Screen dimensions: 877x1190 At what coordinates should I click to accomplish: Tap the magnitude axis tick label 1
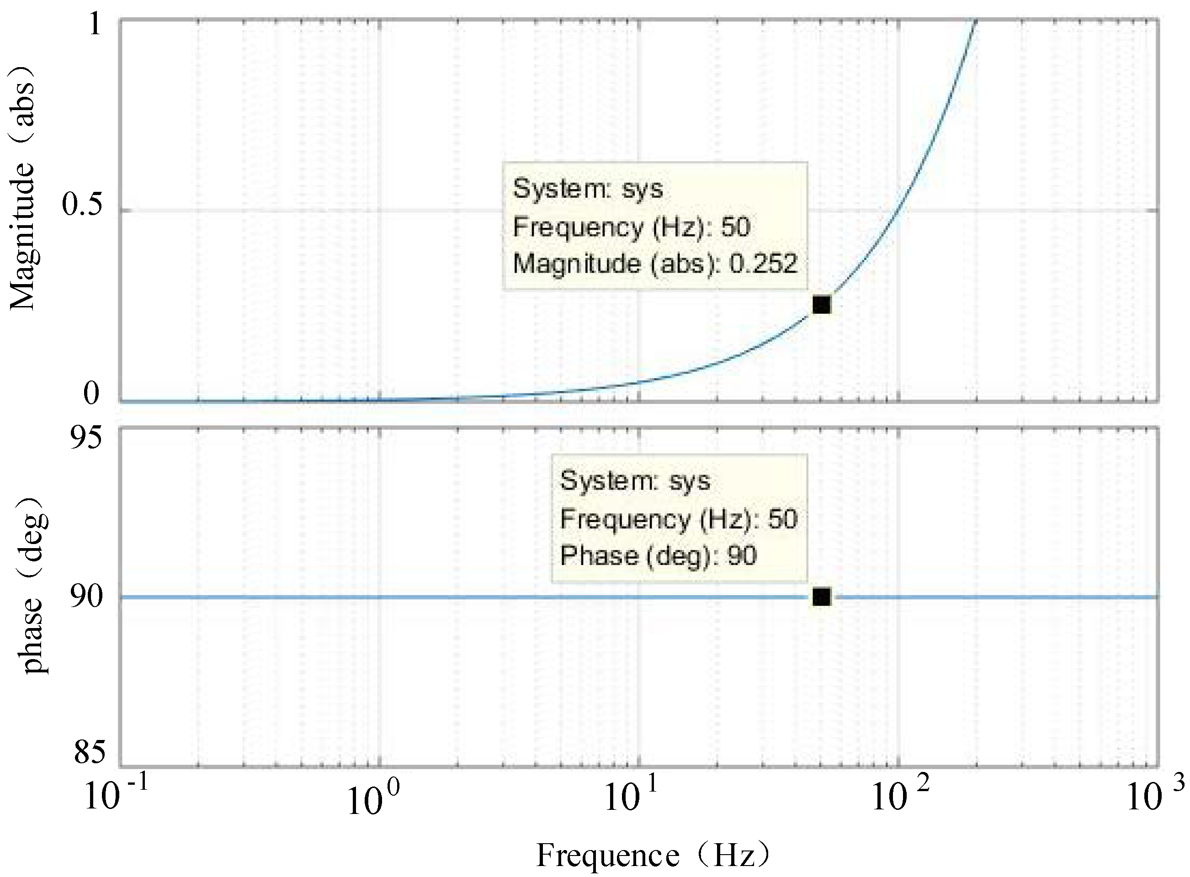point(95,24)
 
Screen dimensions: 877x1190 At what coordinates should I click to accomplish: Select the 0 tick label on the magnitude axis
point(91,393)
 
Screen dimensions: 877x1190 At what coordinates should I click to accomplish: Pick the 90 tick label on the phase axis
point(85,596)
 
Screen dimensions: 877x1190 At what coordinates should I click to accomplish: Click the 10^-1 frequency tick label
point(115,796)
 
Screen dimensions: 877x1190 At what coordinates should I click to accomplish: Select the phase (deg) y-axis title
point(33,585)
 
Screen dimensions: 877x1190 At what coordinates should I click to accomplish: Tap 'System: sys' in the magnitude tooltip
point(587,189)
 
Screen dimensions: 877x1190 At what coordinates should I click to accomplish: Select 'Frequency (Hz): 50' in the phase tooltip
point(678,518)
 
